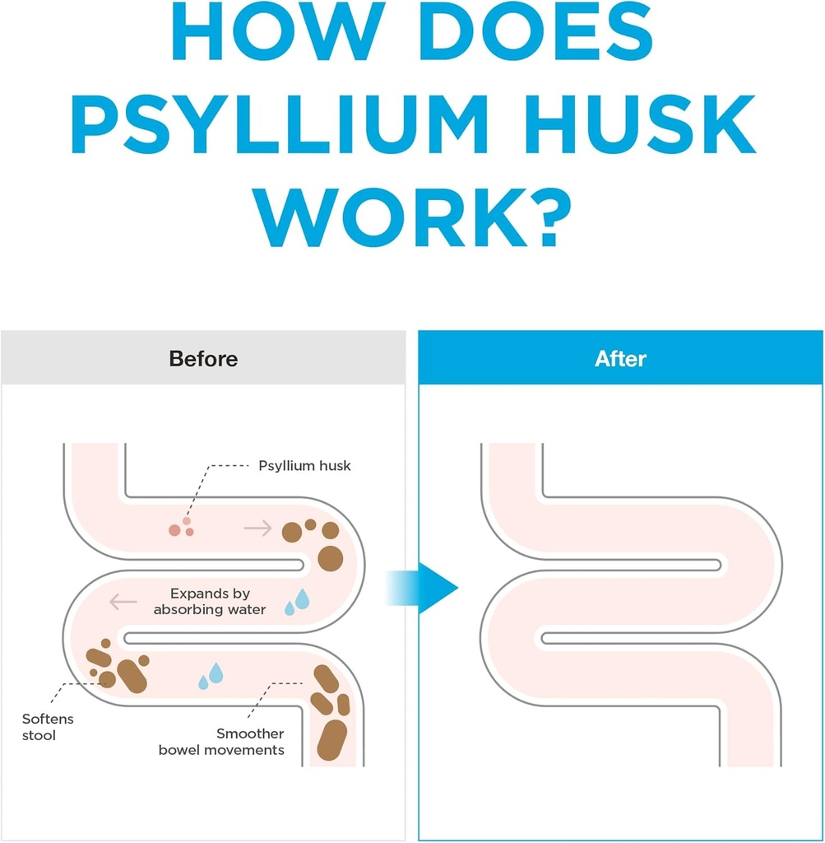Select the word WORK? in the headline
pos(413,215)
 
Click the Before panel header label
pos(203,359)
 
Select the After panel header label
pos(620,359)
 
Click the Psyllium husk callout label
pos(304,466)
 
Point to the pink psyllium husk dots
pos(182,528)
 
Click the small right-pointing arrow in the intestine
pos(258,529)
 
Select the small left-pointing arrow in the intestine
pos(123,603)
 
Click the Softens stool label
pos(48,727)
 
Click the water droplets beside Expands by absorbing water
pos(297,602)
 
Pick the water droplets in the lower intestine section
pos(211,676)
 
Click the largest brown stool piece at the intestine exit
pos(332,739)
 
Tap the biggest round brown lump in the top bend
pos(331,557)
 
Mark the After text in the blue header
pos(620,359)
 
